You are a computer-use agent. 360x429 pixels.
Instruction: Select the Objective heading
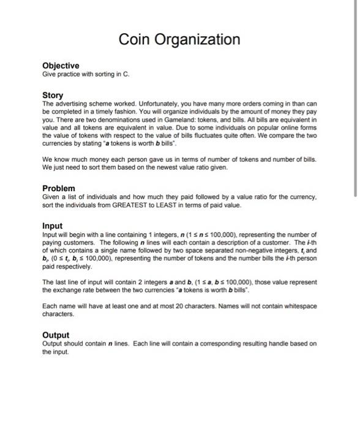coord(61,65)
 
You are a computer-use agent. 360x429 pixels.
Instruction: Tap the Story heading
coord(53,96)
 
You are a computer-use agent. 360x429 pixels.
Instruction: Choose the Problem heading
coord(59,188)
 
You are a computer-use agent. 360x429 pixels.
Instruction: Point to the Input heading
coord(52,226)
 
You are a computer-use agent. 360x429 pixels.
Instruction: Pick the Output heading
coord(56,335)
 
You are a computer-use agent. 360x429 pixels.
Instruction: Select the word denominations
coord(117,121)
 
